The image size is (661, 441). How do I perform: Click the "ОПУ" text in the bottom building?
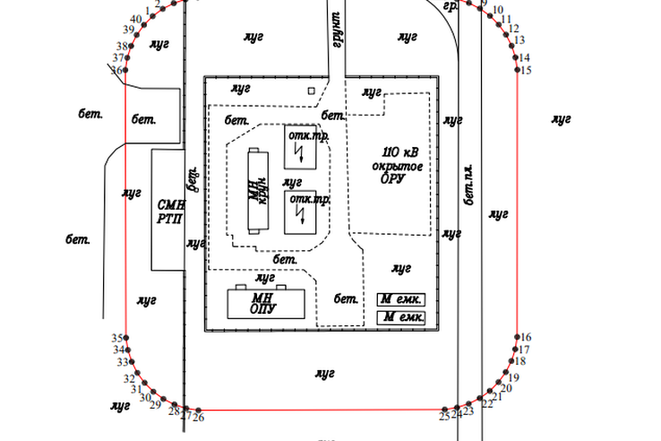coord(262,309)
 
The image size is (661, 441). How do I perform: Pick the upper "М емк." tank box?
coord(400,299)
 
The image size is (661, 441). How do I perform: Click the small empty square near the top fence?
coord(311,91)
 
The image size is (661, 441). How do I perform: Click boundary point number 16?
coord(518,337)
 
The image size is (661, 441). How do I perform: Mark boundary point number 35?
coord(126,338)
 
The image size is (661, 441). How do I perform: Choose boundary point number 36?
coord(126,70)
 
